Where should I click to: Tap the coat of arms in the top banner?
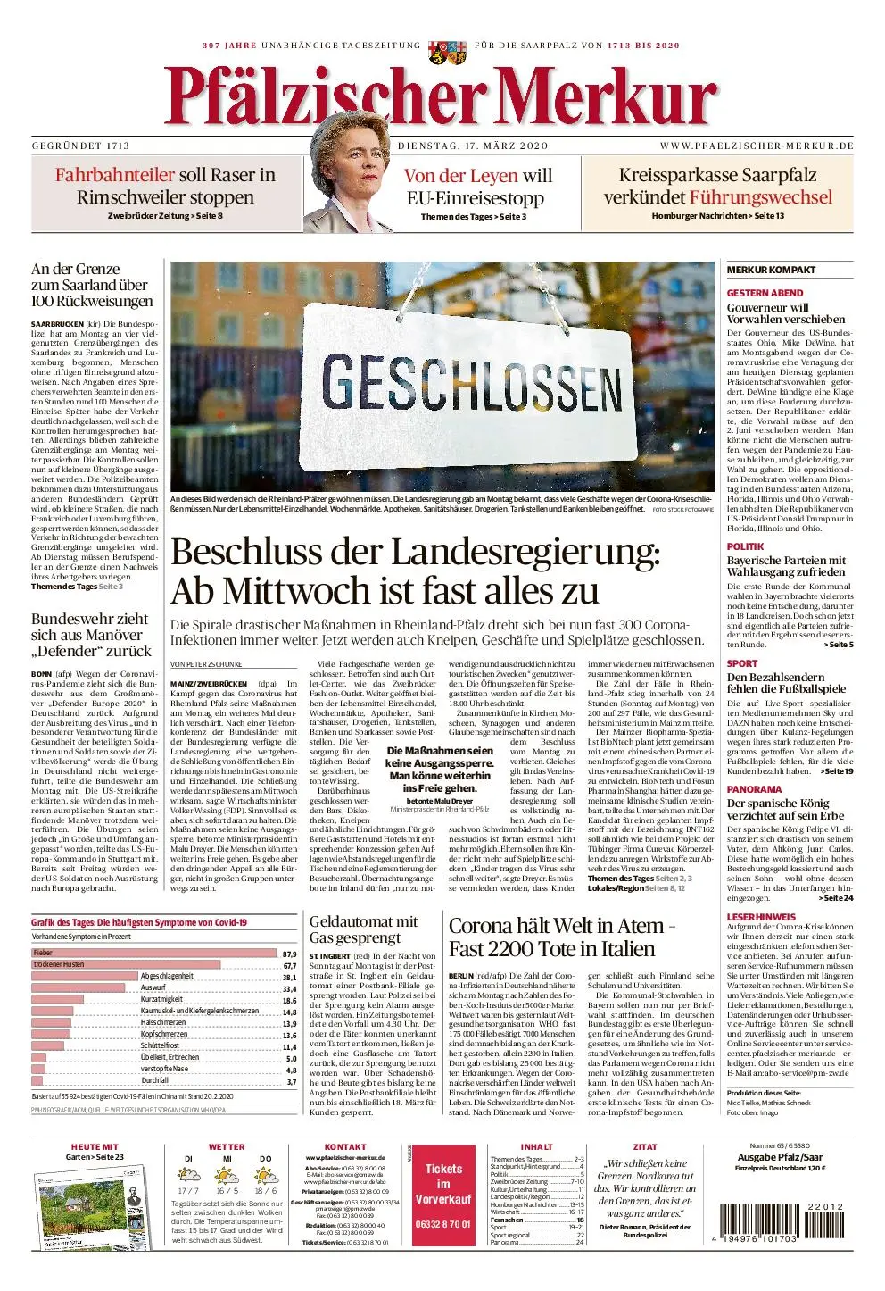[x=442, y=51]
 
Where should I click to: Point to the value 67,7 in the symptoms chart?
[x=289, y=965]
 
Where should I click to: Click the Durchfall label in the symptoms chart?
[x=154, y=1081]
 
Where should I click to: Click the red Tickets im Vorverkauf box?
[x=443, y=1195]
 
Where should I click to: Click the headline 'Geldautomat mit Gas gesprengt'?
[x=363, y=929]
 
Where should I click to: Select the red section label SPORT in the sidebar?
[x=742, y=663]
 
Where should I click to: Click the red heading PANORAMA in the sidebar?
[x=754, y=789]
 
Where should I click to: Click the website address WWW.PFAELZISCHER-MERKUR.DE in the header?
[x=757, y=146]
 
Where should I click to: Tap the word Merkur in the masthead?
[x=598, y=96]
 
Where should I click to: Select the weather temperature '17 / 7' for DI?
[x=188, y=1191]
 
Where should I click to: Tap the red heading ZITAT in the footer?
[x=644, y=1146]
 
